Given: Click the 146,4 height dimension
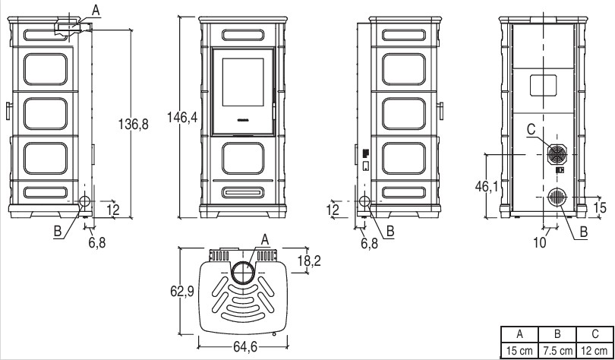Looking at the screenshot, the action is tap(182, 117).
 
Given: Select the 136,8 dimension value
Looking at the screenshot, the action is tap(134, 125).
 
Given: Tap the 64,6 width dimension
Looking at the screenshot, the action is tap(245, 347).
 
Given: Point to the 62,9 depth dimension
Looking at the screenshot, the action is tap(182, 292).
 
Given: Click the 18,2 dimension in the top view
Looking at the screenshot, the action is tap(310, 260).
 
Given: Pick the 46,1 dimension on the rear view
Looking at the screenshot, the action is tap(487, 187).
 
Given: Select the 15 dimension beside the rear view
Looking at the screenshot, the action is tap(600, 207).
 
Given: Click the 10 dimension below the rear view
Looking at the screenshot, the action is tap(540, 243).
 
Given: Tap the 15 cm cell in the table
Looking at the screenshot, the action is tap(519, 351).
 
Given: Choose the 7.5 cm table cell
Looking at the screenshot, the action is tap(557, 351).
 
